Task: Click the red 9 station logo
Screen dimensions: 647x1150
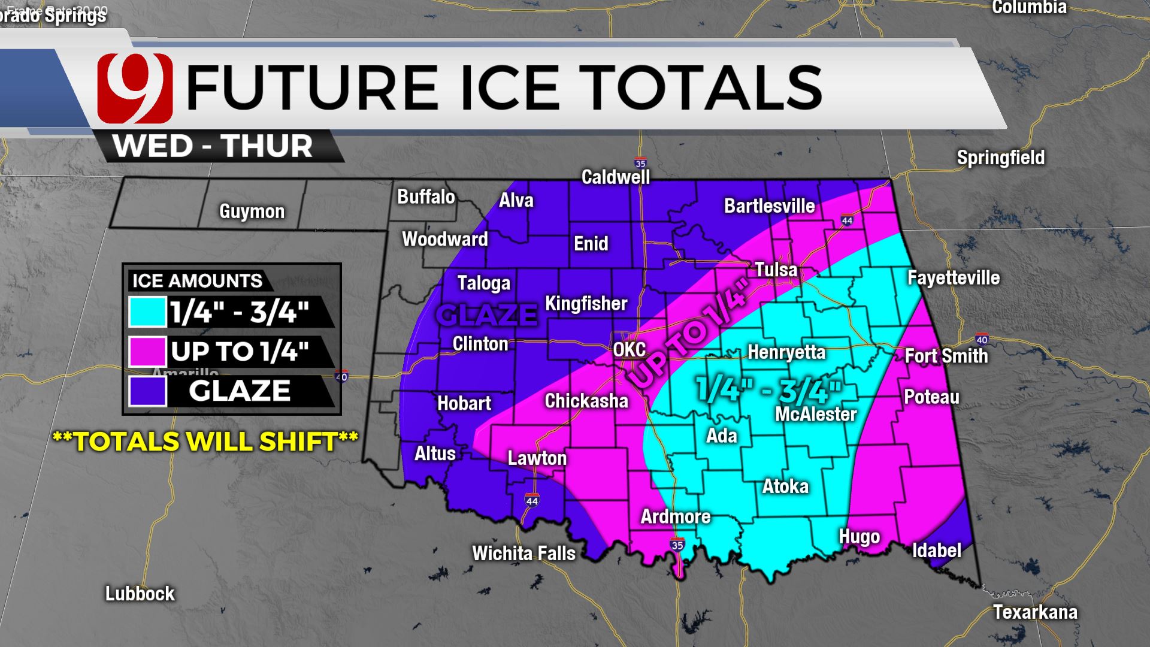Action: click(x=135, y=88)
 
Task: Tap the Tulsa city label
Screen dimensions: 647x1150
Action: click(x=776, y=270)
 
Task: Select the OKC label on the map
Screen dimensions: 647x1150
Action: click(x=630, y=349)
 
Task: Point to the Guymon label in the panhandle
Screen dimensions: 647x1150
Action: click(x=252, y=211)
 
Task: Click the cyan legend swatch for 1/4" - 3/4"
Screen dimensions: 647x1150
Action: click(x=147, y=312)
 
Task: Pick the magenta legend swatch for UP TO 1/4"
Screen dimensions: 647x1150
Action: click(x=147, y=352)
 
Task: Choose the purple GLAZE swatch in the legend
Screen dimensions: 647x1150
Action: click(x=147, y=391)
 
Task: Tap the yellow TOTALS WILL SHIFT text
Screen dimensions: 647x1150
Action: click(x=205, y=442)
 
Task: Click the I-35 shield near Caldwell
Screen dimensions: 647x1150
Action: click(x=640, y=163)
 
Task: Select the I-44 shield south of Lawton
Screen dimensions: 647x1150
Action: click(x=531, y=500)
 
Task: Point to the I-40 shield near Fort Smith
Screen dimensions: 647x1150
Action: click(x=982, y=340)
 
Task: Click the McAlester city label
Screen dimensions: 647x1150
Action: click(x=816, y=414)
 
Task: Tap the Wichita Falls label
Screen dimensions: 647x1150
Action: click(x=523, y=553)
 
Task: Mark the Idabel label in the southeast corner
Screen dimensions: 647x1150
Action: click(x=936, y=551)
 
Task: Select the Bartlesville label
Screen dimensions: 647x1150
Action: click(x=769, y=206)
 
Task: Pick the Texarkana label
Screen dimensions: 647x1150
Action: click(x=1035, y=612)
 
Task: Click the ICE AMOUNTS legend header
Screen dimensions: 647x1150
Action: click(x=197, y=280)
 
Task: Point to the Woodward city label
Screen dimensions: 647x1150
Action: click(x=444, y=239)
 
